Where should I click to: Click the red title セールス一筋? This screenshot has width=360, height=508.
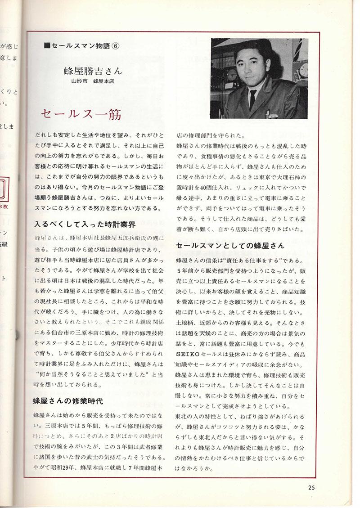[x=81, y=114]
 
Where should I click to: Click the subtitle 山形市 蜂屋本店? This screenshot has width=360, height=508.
[x=93, y=82]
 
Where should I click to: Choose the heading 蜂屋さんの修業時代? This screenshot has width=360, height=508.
[x=68, y=400]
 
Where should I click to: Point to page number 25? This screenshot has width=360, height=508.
[x=312, y=486]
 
